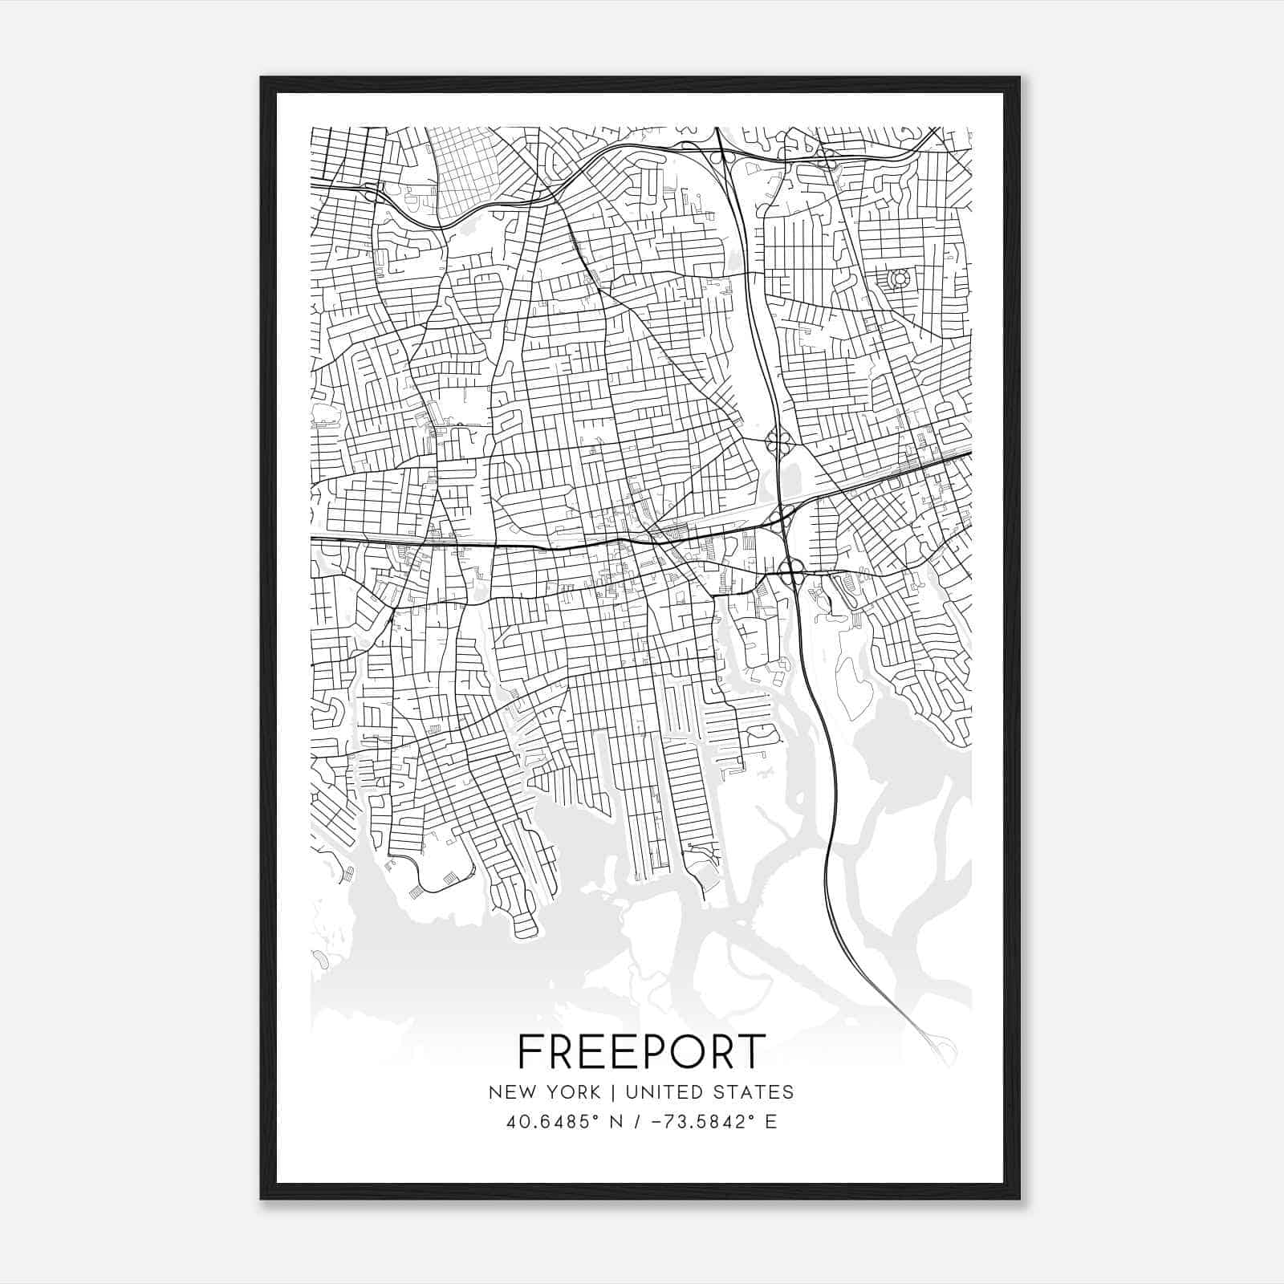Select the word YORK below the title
pos(572,1092)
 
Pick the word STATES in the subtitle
pos(754,1092)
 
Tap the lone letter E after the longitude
pos(771,1122)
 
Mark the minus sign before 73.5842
pos(660,1122)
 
